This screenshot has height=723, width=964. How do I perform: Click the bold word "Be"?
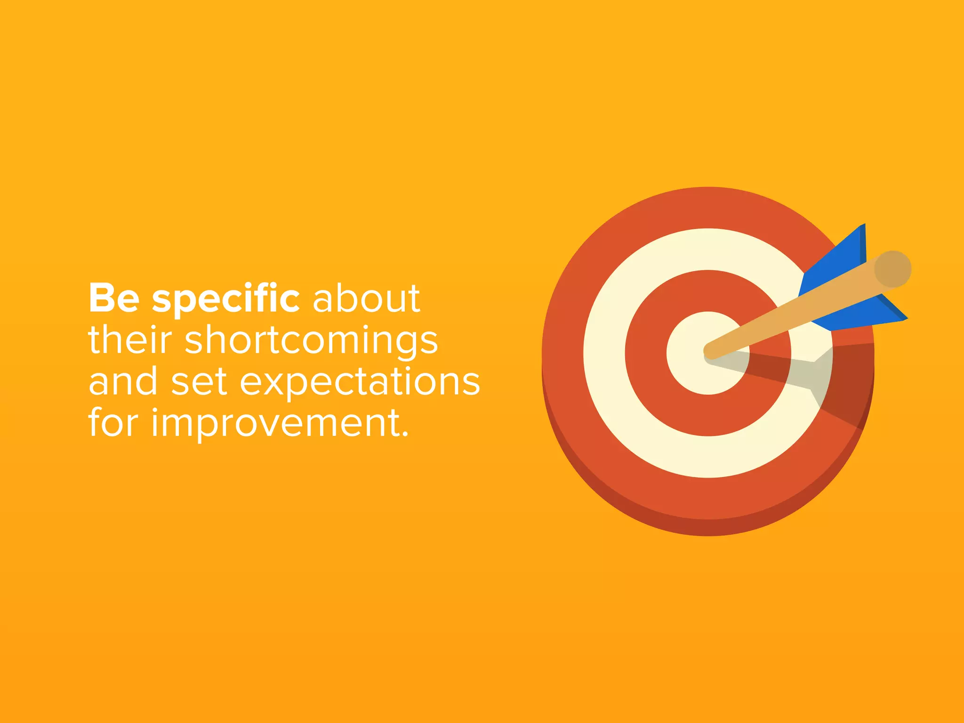114,298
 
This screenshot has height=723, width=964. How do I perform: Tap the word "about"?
366,298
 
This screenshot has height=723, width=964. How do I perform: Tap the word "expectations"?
360,382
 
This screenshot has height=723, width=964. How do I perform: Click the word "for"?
113,422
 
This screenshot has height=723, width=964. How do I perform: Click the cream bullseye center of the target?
692,372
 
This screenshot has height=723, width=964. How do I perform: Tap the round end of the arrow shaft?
892,269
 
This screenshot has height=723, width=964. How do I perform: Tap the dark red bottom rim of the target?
708,527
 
